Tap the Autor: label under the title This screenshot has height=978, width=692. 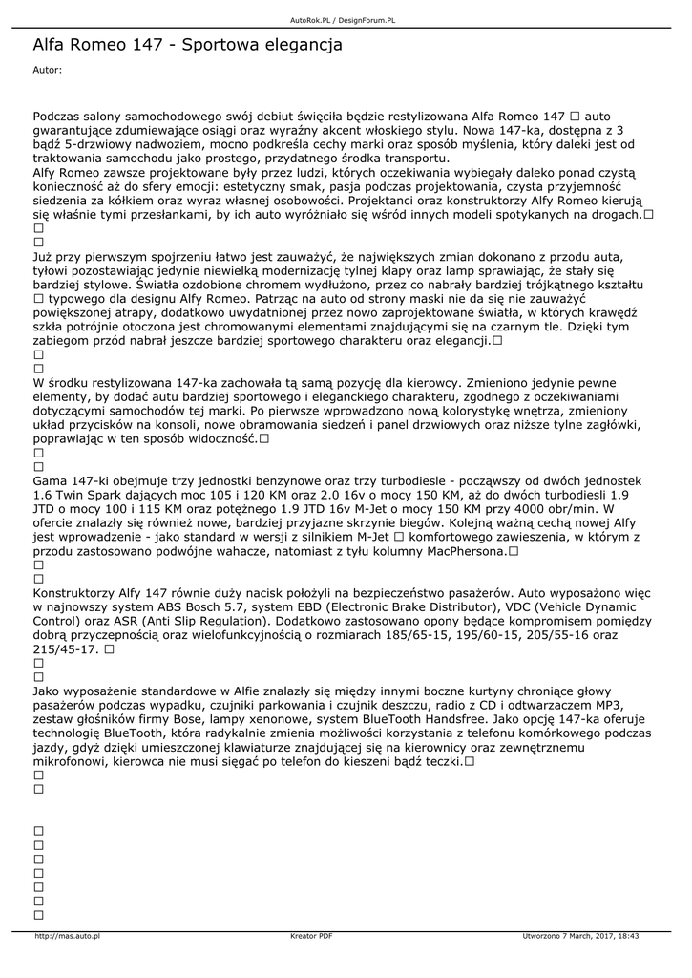click(x=47, y=70)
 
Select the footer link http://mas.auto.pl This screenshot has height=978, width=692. click(x=67, y=936)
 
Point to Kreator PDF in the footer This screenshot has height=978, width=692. click(x=311, y=936)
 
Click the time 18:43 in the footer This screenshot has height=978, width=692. click(x=627, y=936)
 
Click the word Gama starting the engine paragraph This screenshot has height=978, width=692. click(x=50, y=480)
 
